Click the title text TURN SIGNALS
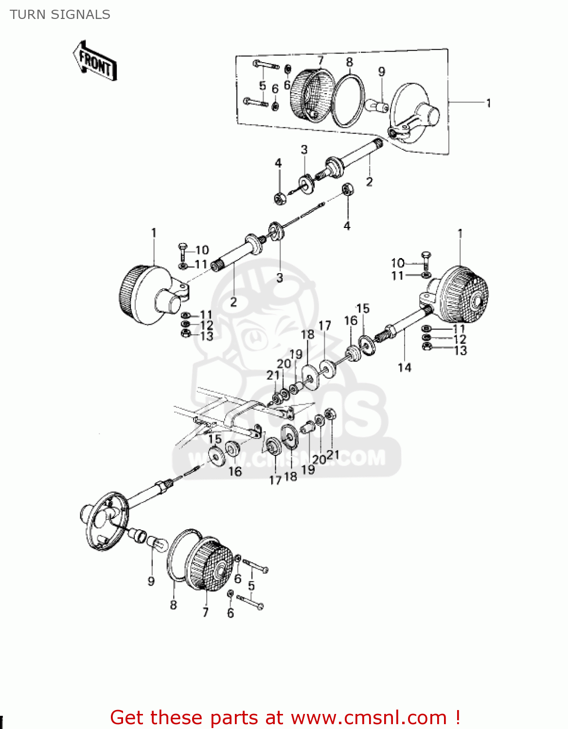(60, 15)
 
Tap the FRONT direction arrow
(95, 61)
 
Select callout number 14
(404, 367)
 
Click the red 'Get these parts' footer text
(285, 717)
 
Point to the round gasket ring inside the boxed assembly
(348, 100)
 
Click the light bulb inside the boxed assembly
(377, 105)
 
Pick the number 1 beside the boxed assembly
(488, 103)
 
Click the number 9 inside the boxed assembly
(382, 71)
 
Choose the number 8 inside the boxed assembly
(349, 62)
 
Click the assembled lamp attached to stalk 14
(460, 295)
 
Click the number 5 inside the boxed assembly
(263, 86)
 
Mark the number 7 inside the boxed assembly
(320, 60)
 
